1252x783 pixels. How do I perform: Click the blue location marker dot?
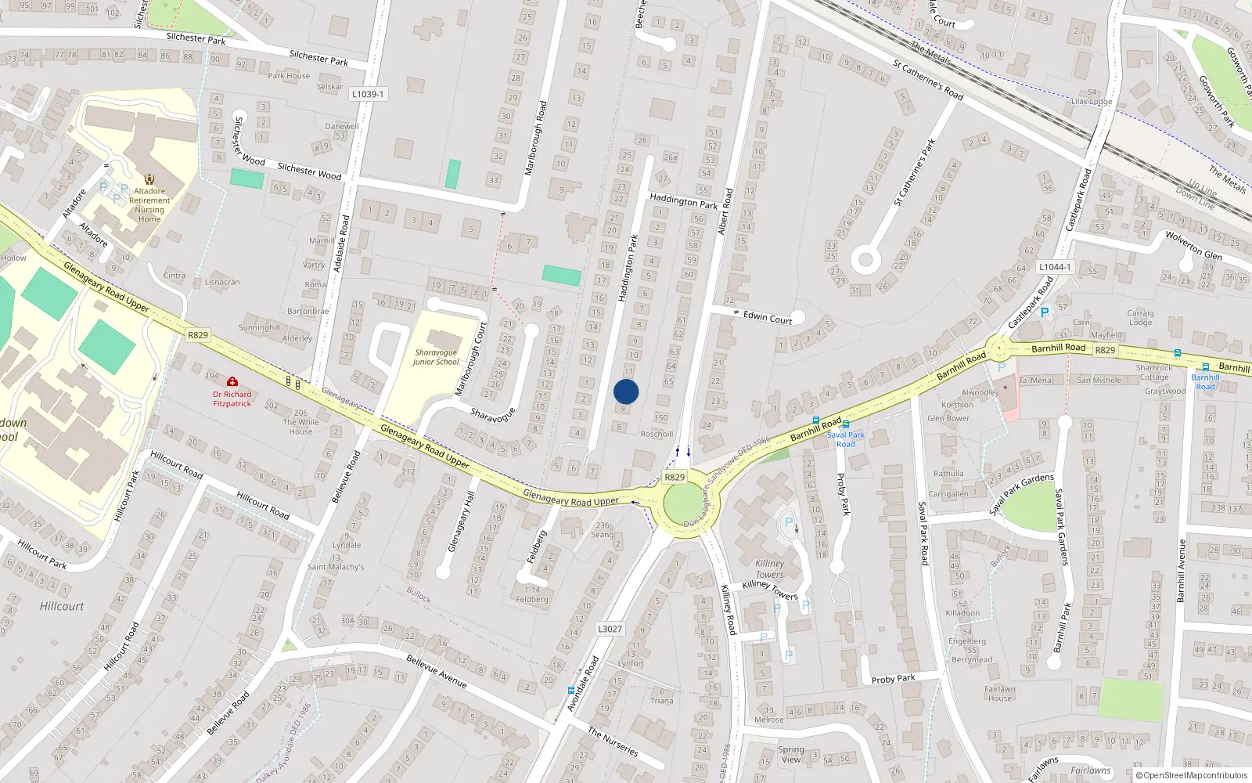point(626,391)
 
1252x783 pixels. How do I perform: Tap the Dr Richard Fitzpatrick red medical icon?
point(232,382)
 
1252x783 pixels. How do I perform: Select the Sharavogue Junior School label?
point(436,358)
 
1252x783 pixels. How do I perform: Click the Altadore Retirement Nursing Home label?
point(149,205)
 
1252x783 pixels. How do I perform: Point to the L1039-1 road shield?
point(367,94)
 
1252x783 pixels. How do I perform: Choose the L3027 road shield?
point(610,629)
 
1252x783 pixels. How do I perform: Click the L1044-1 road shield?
point(1055,267)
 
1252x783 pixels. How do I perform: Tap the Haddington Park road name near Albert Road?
point(683,202)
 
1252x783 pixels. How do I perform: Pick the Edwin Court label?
point(768,317)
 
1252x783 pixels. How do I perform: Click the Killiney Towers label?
point(771,568)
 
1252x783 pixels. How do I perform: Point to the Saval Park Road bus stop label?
point(846,439)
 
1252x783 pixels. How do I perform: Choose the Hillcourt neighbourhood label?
point(62,606)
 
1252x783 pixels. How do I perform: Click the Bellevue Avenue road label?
point(437,672)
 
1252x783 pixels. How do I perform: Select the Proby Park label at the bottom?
point(893,679)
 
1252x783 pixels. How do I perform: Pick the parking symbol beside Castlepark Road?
point(1044,312)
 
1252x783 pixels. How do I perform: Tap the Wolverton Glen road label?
point(1193,245)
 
